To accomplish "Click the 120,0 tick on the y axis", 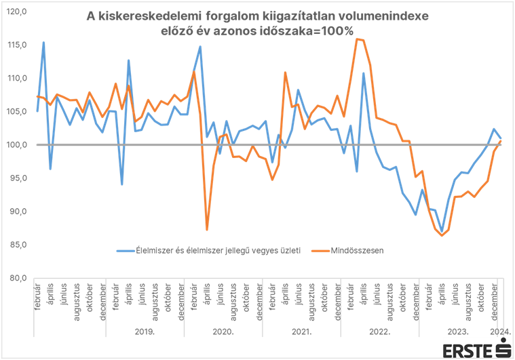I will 18,12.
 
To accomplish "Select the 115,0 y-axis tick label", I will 18,45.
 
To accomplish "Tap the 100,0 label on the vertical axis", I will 18,144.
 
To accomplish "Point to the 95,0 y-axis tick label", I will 18,178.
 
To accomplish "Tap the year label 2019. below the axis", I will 144,333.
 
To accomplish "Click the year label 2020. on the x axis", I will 223,333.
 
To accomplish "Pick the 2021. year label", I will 301,333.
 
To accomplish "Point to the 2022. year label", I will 380,333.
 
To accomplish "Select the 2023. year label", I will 459,333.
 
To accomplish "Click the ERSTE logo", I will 475,350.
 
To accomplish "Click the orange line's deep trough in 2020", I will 207,230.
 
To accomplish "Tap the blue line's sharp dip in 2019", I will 121,184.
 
